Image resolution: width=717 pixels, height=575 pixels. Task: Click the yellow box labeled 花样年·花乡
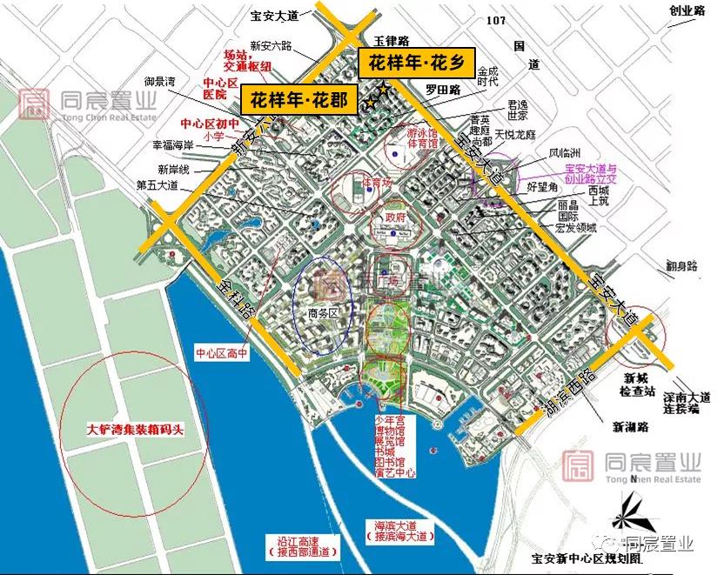(417, 62)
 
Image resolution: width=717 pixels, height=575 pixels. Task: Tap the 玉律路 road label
(392, 40)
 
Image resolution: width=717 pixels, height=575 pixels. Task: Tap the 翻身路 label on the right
(681, 266)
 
